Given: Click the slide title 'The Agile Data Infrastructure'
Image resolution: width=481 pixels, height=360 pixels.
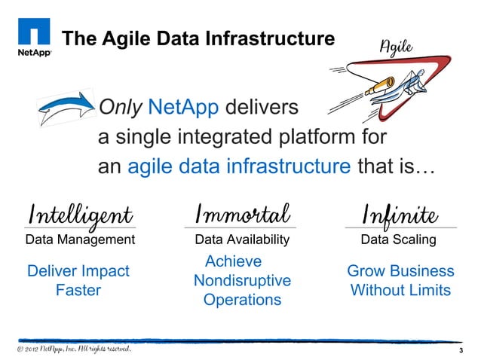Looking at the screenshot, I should (x=198, y=38).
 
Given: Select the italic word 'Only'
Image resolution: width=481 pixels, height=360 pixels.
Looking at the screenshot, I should (x=121, y=108).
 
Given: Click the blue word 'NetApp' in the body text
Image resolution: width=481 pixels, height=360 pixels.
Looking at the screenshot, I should (x=184, y=108).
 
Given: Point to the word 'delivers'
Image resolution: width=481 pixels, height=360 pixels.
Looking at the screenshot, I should (x=264, y=108).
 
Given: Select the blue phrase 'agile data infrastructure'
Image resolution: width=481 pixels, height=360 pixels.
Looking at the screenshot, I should (x=239, y=166).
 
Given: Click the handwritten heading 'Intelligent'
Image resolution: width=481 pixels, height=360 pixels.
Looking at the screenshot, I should (x=80, y=214).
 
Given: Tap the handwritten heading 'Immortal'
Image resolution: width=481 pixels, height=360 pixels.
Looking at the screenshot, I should (x=242, y=214).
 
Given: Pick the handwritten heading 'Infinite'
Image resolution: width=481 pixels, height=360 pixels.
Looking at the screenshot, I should (x=400, y=214).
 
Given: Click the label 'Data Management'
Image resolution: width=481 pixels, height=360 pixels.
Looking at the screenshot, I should (x=80, y=240).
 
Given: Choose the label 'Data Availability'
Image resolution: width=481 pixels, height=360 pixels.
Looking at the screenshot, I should (x=242, y=240).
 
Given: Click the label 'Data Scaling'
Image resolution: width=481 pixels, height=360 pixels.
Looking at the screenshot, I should (x=398, y=240).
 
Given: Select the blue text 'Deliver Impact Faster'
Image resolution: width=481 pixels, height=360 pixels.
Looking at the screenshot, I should (x=78, y=280).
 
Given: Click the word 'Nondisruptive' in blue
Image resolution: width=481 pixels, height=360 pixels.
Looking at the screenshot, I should (x=242, y=281).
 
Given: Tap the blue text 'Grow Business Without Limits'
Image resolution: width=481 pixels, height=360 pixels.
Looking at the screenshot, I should (x=400, y=280).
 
